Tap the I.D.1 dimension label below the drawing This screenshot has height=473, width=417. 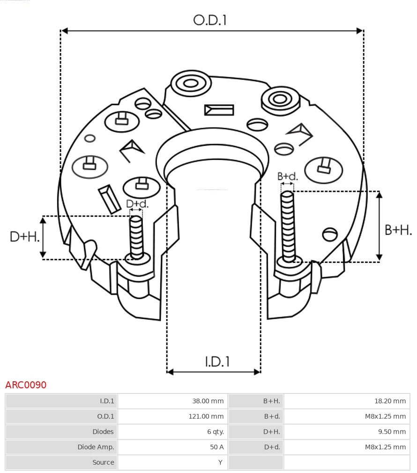(217, 361)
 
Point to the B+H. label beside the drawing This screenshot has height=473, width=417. (398, 230)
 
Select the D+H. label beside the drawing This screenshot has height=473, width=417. (25, 236)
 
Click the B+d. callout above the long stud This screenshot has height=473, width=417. (287, 176)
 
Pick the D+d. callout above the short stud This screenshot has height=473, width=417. (137, 204)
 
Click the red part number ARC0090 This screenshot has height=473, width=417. (26, 385)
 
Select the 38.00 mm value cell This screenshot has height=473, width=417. (208, 401)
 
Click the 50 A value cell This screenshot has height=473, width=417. (216, 447)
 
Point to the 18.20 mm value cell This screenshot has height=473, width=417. (390, 401)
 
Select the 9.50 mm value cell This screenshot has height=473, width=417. (392, 431)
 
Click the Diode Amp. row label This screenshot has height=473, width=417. (96, 447)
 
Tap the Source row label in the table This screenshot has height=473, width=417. (103, 462)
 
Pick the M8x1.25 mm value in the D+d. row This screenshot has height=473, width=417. (385, 447)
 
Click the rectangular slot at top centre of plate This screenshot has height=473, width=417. (219, 110)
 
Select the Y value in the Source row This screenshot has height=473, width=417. (220, 462)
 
